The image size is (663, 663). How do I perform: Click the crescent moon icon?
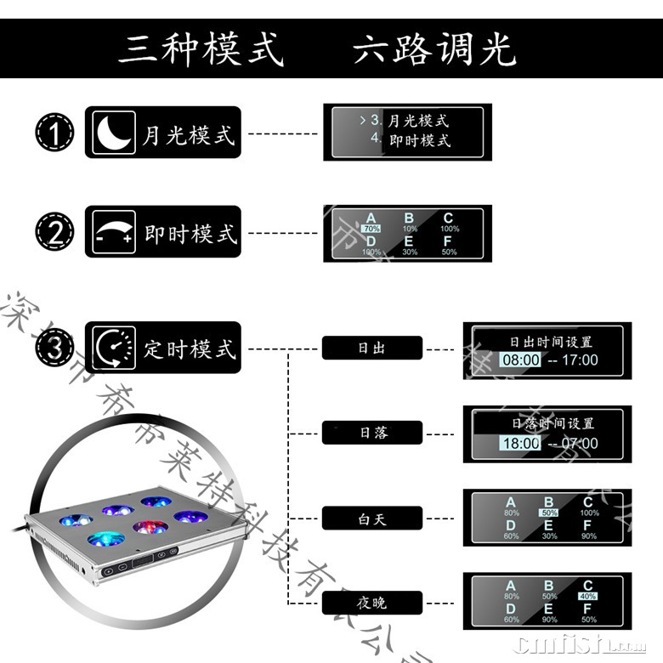tap(112, 133)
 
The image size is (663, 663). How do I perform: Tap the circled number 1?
tap(54, 133)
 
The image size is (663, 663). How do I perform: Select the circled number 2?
tap(54, 232)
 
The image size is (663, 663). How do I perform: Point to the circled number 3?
tap(54, 348)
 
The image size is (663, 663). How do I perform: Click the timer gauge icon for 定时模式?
tap(113, 348)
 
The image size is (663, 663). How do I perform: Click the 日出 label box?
tap(371, 348)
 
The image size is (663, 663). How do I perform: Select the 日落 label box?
tap(371, 433)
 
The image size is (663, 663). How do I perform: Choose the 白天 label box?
tap(371, 518)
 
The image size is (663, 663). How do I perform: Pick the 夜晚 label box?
tap(371, 603)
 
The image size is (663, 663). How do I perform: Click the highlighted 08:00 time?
tap(520, 360)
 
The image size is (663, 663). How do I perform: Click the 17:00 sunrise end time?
tap(580, 360)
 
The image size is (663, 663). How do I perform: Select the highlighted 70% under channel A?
tap(371, 229)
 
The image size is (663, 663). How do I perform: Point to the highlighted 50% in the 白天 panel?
tap(549, 513)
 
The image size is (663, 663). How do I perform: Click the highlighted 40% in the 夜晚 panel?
tap(588, 597)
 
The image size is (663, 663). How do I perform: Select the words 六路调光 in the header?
tap(434, 48)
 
